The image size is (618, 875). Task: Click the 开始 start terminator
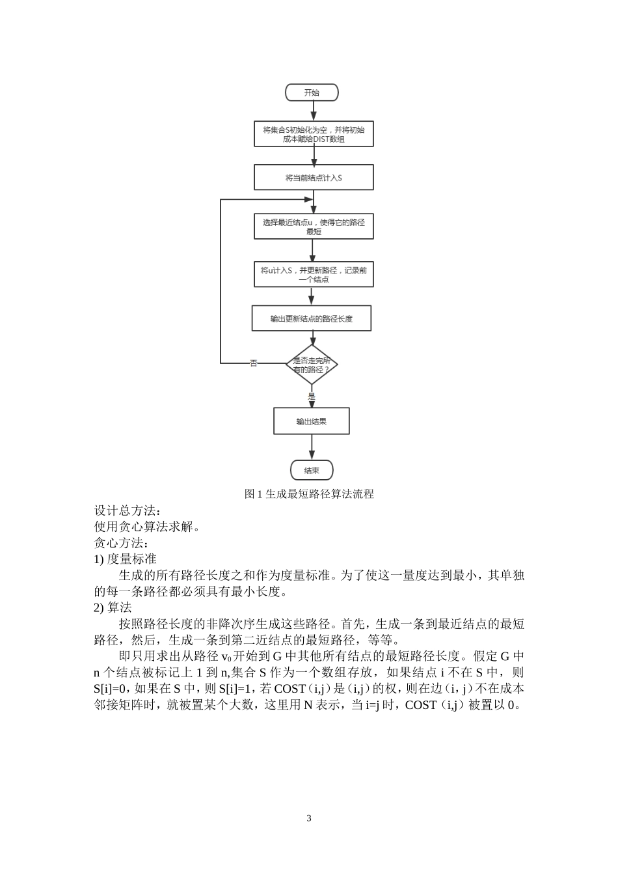click(312, 92)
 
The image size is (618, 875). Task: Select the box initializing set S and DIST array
click(314, 134)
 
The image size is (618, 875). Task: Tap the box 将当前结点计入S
click(314, 177)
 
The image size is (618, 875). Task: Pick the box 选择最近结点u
click(314, 227)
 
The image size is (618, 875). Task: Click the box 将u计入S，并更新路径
click(314, 274)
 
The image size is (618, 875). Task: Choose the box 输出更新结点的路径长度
click(312, 319)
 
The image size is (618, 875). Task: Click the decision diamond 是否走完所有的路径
click(312, 365)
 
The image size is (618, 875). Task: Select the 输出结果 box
click(312, 421)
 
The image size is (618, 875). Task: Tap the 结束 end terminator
click(312, 470)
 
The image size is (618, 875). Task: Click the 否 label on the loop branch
click(254, 363)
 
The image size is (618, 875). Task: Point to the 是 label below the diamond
click(312, 396)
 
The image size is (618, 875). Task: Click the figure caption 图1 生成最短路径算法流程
click(309, 494)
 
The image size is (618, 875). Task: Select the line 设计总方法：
click(126, 510)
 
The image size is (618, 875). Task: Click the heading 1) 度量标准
click(125, 559)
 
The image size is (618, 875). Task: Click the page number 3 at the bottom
click(309, 818)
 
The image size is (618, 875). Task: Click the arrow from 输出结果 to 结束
click(312, 447)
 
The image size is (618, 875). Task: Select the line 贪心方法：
click(122, 543)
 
